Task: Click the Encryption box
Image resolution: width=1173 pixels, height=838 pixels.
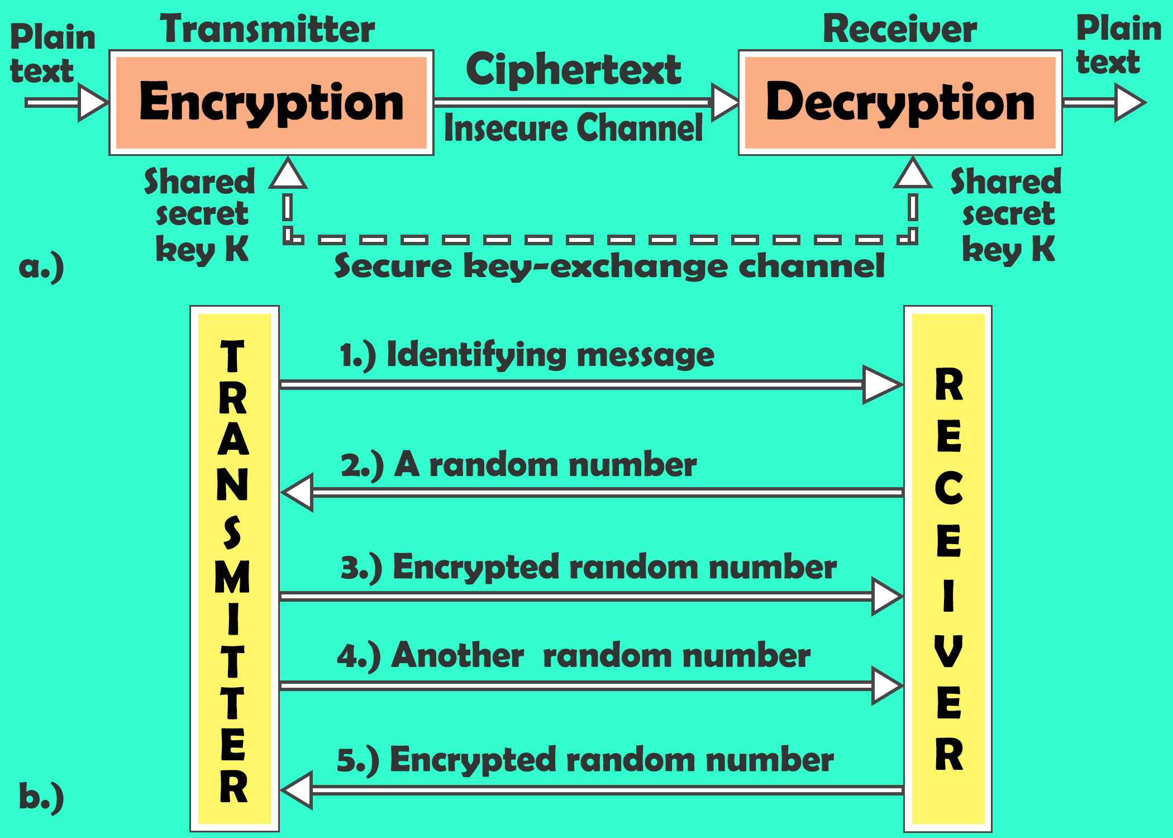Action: click(271, 103)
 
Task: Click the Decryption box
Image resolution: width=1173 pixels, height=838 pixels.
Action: click(900, 103)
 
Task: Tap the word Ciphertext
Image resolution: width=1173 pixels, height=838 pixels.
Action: click(574, 70)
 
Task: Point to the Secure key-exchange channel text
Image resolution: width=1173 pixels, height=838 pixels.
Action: click(609, 266)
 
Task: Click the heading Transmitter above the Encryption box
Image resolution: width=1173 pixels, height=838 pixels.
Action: click(267, 29)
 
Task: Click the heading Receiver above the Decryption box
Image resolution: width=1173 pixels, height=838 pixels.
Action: click(900, 29)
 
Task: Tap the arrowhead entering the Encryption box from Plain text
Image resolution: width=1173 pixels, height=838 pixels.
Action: click(92, 103)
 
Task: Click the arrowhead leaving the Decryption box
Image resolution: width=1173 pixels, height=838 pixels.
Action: click(1128, 103)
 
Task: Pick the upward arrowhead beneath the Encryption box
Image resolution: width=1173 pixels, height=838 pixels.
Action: click(288, 174)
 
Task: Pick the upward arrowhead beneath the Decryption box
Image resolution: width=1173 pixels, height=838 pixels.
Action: click(913, 174)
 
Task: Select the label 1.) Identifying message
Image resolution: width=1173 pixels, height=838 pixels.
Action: click(527, 355)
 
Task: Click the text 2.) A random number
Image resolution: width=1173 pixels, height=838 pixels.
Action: click(518, 465)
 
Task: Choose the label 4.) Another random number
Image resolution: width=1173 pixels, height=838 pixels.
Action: click(573, 655)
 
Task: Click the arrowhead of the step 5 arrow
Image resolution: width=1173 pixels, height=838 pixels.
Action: click(298, 790)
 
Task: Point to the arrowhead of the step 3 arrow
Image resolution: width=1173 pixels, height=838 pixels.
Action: click(886, 597)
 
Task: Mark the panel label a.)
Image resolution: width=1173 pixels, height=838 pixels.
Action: click(41, 267)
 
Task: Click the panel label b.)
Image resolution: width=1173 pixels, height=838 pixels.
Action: click(41, 797)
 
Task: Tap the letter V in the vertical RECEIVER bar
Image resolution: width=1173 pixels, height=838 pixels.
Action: click(948, 651)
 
